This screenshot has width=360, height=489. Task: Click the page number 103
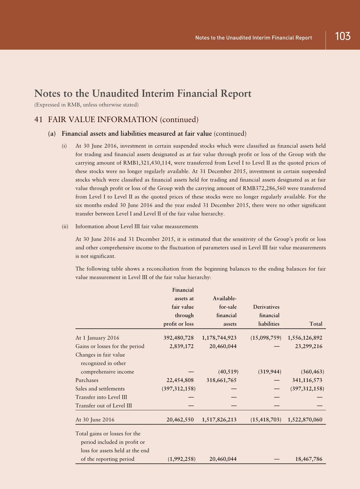point(342,37)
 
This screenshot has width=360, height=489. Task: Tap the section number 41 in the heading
point(38,120)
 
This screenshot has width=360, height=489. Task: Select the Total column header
point(316,324)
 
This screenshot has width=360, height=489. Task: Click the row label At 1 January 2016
point(97,338)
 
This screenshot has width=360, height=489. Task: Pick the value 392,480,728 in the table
point(178,338)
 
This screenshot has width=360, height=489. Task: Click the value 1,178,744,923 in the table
point(219,338)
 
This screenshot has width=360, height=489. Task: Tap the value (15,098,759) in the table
point(266,338)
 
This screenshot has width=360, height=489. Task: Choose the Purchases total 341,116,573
point(307,380)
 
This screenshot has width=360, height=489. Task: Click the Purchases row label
point(87,380)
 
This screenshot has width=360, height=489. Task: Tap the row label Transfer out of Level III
point(103,406)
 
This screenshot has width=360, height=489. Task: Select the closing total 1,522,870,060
point(305,420)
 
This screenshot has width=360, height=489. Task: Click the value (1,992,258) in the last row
point(182,459)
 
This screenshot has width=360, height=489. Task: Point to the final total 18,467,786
point(309,459)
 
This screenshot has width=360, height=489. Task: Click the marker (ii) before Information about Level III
point(65,226)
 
